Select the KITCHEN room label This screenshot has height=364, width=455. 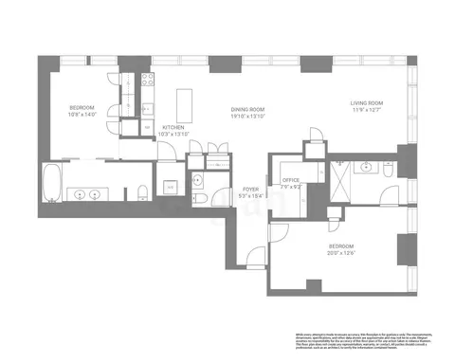tap(172, 126)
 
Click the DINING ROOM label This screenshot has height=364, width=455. tap(248, 110)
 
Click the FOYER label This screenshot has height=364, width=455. tap(250, 189)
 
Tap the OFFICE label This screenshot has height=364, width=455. tap(291, 179)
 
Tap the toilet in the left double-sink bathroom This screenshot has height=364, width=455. tap(140, 194)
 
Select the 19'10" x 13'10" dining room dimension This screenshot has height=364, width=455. tap(248, 118)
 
